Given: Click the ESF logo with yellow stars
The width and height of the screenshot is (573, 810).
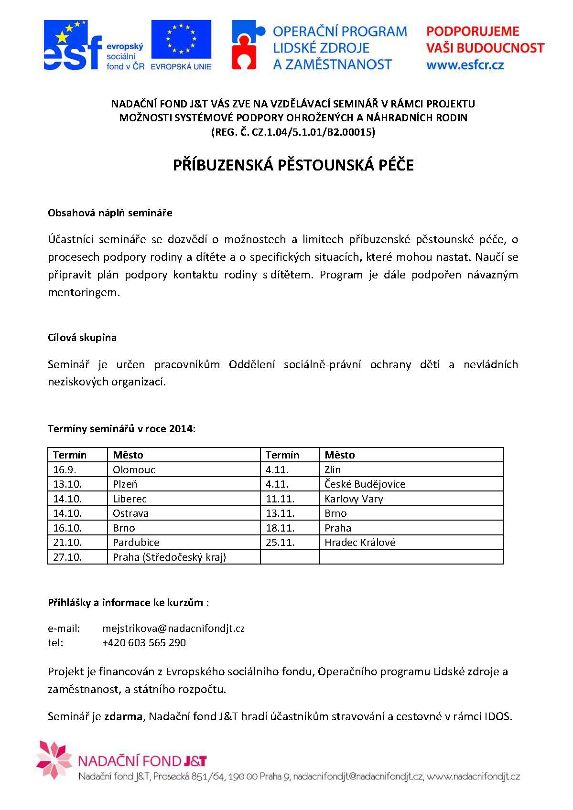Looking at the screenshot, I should click(x=73, y=46).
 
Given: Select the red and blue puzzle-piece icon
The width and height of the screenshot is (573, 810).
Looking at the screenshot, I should click(x=247, y=45).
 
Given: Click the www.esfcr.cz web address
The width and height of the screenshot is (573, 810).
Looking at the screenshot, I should click(x=465, y=65).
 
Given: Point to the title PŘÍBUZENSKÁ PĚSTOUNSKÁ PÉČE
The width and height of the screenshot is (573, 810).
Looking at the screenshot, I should click(x=293, y=165).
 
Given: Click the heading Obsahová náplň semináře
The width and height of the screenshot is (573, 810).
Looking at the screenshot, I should click(x=110, y=213).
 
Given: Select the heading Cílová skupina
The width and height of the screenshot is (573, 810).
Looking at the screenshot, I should click(x=82, y=338).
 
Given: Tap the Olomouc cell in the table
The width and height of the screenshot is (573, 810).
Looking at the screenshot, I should click(x=134, y=470).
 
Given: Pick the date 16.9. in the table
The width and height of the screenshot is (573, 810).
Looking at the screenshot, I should click(x=65, y=470).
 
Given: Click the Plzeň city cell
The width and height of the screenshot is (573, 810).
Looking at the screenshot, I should click(x=125, y=484).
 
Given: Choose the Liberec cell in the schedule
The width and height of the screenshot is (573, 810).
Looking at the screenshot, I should click(x=130, y=499).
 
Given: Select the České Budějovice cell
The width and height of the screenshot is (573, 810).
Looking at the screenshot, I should click(x=365, y=484).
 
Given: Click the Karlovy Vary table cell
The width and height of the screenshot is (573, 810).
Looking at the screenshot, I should click(x=354, y=499).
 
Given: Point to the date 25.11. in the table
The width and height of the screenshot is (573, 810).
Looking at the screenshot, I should click(x=280, y=543).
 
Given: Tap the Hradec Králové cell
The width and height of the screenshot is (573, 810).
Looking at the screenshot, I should click(x=360, y=543).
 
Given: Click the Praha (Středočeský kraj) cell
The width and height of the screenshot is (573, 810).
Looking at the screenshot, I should click(x=169, y=557).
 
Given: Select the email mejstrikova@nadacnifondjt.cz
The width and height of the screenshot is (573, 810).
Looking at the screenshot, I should click(x=173, y=629).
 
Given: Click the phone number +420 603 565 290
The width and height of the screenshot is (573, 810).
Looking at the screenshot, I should click(x=144, y=643).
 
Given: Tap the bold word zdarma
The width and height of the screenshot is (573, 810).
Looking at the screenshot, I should click(x=123, y=717).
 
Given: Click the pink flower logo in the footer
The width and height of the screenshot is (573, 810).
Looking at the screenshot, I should click(x=54, y=760).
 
